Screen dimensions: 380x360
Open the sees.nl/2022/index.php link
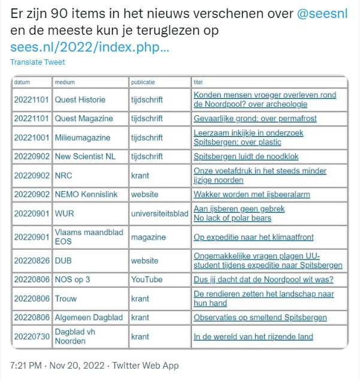click(90, 47)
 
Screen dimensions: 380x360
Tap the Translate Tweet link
click(38, 62)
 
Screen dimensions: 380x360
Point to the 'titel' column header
click(198, 82)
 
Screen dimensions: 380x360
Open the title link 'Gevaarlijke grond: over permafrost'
click(255, 119)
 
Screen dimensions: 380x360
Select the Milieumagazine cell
click(83, 138)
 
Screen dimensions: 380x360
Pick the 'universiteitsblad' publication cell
click(159, 213)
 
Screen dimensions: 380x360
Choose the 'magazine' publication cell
click(149, 237)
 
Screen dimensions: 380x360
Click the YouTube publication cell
click(147, 279)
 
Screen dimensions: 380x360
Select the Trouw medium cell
click(66, 298)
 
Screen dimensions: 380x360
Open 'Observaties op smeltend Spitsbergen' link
click(260, 317)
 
